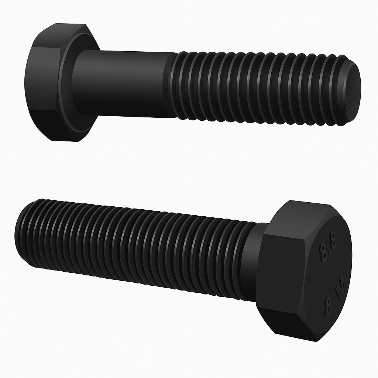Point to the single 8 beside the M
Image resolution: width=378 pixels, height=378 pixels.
327,307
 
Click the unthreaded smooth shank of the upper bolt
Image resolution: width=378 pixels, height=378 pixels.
122,83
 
